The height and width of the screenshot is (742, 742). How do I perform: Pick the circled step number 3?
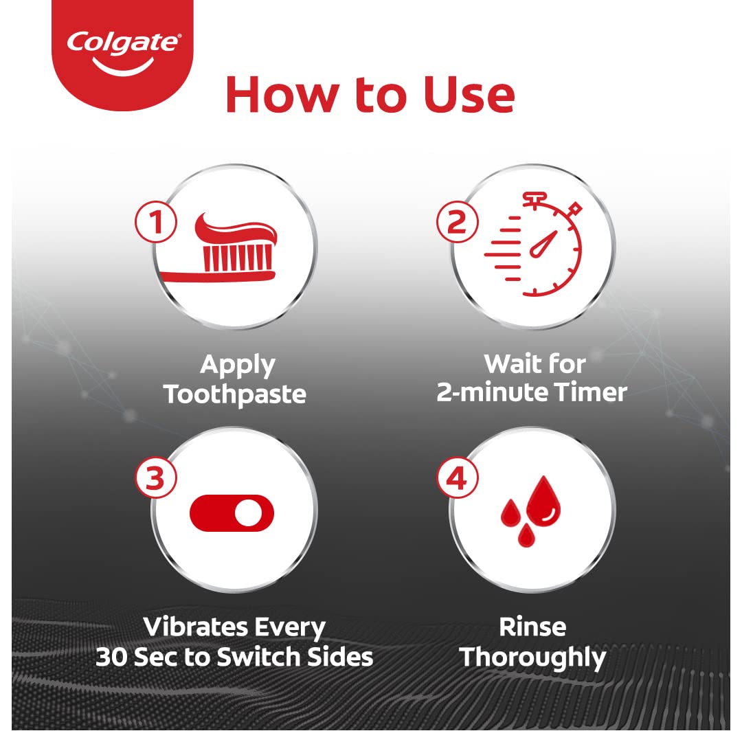coord(156,478)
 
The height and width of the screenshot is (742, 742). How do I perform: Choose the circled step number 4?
coord(457,478)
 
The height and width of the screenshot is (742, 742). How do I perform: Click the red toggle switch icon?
coord(232,513)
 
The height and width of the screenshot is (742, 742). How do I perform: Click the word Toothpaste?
coord(234,394)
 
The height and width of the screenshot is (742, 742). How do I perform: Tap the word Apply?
coord(237,364)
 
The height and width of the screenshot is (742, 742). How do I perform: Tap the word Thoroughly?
coord(533,657)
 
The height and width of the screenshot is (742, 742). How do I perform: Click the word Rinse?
coord(532,627)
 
